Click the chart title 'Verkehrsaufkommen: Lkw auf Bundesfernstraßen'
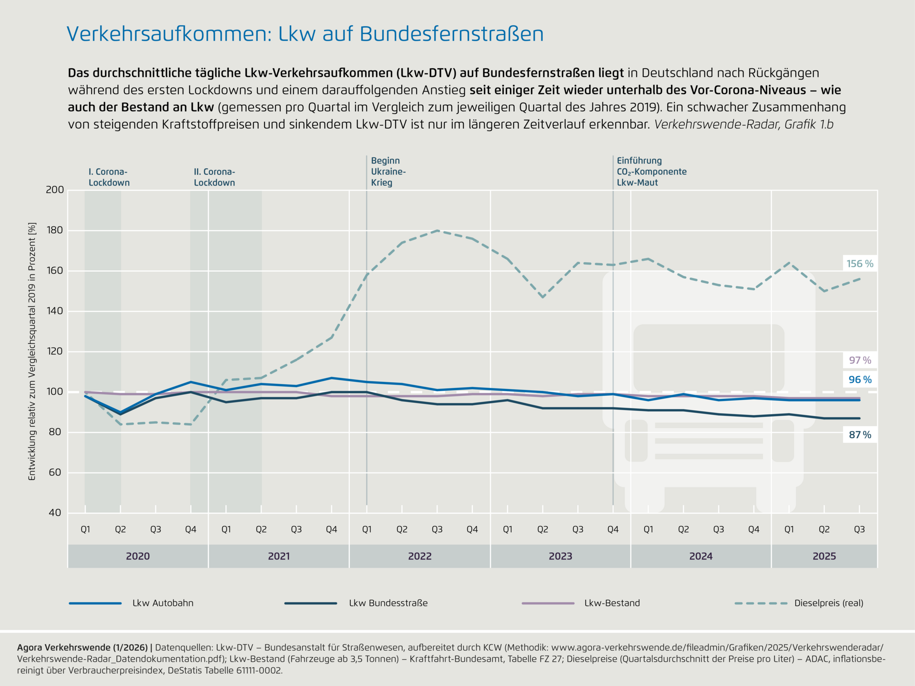click(x=305, y=34)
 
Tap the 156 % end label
click(x=860, y=264)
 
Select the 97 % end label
click(x=860, y=360)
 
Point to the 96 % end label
click(x=860, y=380)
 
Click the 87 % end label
click(x=860, y=435)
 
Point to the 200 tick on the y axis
click(x=55, y=190)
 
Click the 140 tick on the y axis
click(x=55, y=311)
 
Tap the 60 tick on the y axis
click(x=55, y=472)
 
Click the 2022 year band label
click(x=419, y=556)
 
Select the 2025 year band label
click(x=824, y=556)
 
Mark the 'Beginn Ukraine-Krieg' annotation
click(x=388, y=172)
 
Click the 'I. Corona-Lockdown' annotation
click(x=109, y=177)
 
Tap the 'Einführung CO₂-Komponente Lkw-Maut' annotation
click(x=651, y=172)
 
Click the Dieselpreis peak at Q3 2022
click(x=437, y=230)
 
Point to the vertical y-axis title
click(x=32, y=351)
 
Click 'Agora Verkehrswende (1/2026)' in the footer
click(x=82, y=647)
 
